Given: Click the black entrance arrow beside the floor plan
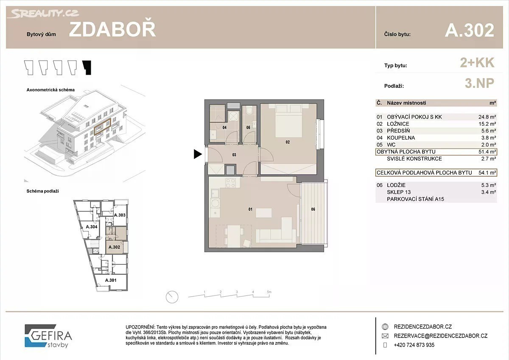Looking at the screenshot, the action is pos(198,154).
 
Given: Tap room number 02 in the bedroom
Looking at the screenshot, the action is pos(288,142).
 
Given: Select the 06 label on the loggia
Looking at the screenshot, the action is pos(313,209).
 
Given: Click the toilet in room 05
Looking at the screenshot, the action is pos(249,111).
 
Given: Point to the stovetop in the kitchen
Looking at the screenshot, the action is pos(230,183).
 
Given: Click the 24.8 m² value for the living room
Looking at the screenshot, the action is pos(487,117).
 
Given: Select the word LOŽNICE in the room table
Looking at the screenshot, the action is pos(398,124).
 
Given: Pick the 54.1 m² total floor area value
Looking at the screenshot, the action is pos(487,173).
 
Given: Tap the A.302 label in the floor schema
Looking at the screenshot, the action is pos(114,247).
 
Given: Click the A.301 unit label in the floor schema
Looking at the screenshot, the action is pos(111,280).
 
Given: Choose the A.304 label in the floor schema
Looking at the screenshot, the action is pos(92,227).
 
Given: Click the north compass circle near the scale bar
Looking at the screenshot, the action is pos(172,297).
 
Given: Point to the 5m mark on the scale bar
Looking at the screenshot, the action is pos(269,292).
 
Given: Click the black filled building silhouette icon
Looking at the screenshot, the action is pos(87,67).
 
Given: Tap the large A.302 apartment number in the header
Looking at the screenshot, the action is pos(470,30).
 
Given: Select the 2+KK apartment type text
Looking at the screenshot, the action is pos(477,62).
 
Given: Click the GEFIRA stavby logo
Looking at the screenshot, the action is pos(48,336).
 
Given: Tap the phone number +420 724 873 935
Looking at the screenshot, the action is pos(414,345).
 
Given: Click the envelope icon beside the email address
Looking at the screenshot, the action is pos(385,336).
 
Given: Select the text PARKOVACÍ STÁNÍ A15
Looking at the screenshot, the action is pos(415,199).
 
